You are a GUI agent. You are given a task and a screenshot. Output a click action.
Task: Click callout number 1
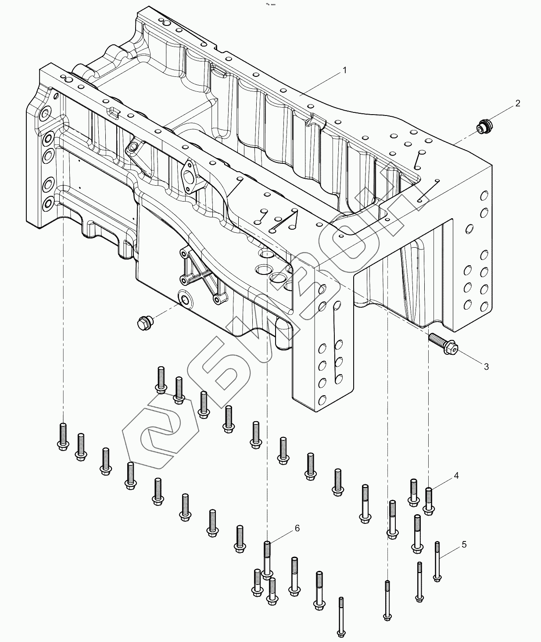pos(345,70)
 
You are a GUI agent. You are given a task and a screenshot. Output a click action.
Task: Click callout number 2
pos(518,104)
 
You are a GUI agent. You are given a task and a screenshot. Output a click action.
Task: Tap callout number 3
pos(486,367)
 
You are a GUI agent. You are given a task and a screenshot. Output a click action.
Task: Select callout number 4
pos(456,476)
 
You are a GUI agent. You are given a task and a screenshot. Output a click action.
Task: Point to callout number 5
pos(464,545)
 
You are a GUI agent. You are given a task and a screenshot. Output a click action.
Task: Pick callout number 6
pos(297,528)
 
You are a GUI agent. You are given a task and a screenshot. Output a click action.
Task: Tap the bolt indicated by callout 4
pos(429,501)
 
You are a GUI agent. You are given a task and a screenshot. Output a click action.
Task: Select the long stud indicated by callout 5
pos(437,562)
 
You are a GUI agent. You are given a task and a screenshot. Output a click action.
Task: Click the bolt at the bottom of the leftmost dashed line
pos(63,436)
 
